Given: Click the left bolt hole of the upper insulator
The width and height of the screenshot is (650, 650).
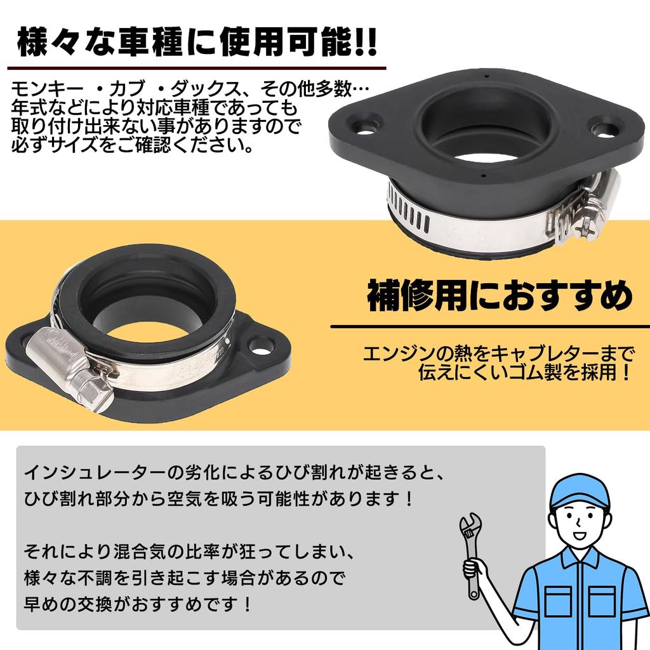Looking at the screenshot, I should pos(368,123).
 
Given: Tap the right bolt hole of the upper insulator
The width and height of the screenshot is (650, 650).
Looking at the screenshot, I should pos(605,129).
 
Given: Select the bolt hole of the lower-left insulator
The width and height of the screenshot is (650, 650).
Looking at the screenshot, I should pos(261,346).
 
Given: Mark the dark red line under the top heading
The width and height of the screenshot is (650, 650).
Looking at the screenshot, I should pos(197,67).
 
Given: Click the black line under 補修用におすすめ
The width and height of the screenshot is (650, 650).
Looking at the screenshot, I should pos(489,327).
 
